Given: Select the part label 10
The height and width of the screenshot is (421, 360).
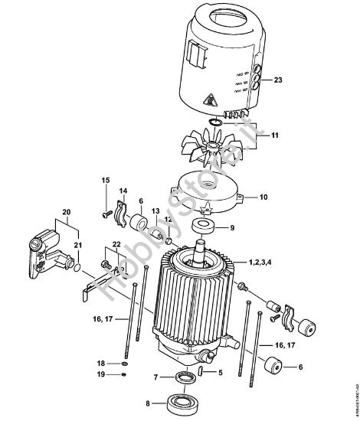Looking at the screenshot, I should pyautogui.click(x=263, y=197).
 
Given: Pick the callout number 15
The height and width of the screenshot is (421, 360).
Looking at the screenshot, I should pyautogui.click(x=106, y=180).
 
